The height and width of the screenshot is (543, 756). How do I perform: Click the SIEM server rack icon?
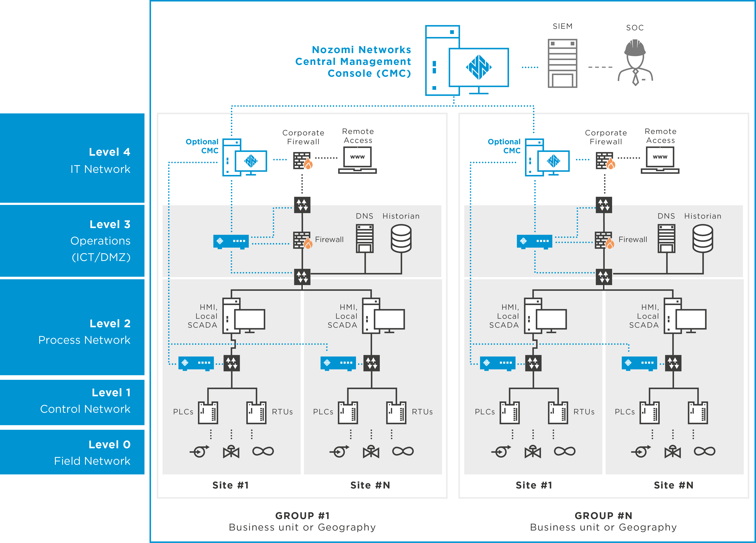pyautogui.click(x=562, y=63)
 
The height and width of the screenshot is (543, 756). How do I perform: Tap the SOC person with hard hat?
pyautogui.click(x=635, y=62)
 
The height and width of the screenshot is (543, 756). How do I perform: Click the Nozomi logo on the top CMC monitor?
pyautogui.click(x=479, y=67)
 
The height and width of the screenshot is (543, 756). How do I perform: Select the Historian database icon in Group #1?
pyautogui.click(x=401, y=238)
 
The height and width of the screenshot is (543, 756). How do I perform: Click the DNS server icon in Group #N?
pyautogui.click(x=666, y=238)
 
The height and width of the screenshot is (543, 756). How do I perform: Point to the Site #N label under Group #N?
pyautogui.click(x=674, y=485)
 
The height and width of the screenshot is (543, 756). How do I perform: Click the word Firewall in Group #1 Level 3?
pyautogui.click(x=329, y=239)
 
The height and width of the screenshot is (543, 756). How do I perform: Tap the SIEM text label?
pyautogui.click(x=562, y=26)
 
